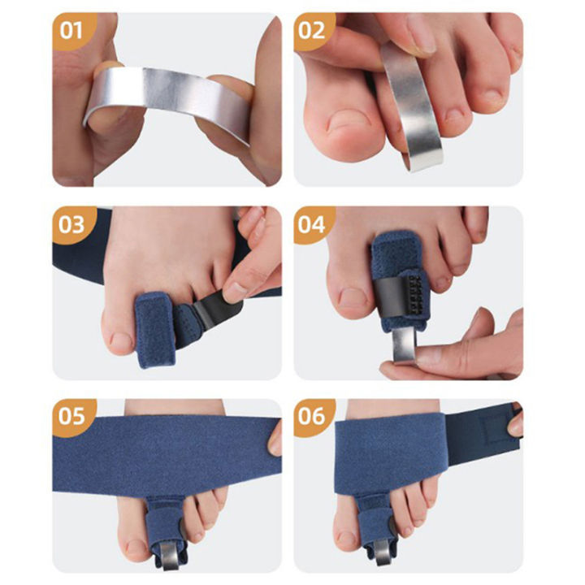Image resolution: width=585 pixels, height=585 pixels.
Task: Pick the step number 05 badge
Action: (72, 416)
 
